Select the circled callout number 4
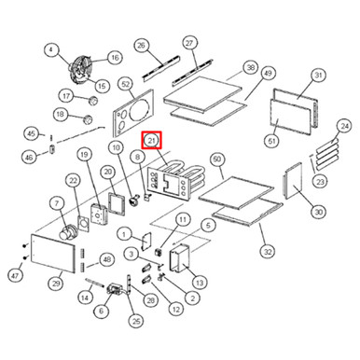click(50, 50)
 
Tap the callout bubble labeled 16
click(114, 58)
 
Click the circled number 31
click(317, 76)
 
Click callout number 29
click(56, 284)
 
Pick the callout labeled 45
click(32, 132)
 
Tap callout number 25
click(135, 321)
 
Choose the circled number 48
click(106, 258)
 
